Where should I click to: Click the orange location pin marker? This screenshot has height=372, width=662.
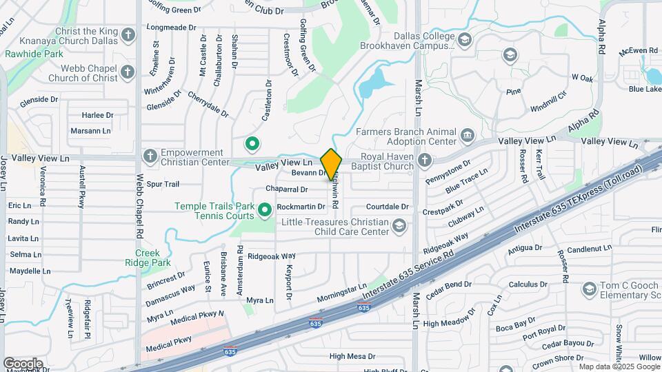click(x=331, y=164)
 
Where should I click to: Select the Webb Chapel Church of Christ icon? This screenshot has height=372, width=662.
click(x=128, y=72)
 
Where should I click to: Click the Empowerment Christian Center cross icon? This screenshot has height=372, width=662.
click(x=150, y=156)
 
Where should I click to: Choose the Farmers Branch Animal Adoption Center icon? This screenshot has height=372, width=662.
click(x=468, y=134)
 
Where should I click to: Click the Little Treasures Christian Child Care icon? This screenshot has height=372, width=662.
click(x=399, y=226)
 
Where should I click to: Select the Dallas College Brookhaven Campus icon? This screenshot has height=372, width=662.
click(x=464, y=39)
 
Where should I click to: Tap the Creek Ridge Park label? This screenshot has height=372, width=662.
click(x=148, y=258)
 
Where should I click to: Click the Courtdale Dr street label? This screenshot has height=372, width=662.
click(x=388, y=206)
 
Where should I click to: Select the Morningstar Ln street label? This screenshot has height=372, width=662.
click(x=342, y=292)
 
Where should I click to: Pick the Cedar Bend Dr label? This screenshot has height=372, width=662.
click(x=448, y=285)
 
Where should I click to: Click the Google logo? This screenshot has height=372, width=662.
click(x=23, y=363)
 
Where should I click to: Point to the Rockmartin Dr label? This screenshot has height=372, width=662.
click(x=301, y=207)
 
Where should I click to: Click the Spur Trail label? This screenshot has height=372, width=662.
click(x=163, y=184)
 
